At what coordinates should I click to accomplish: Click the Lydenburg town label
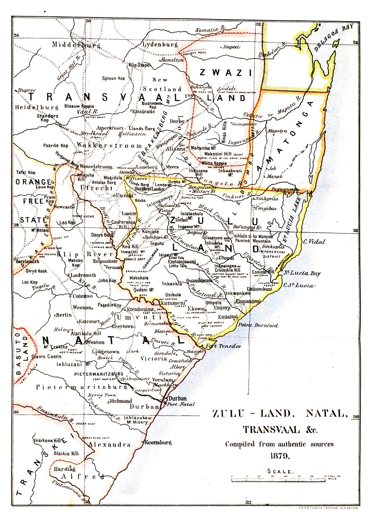point(160,45)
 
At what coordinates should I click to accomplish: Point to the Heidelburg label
point(36,107)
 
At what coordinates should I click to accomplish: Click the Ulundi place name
point(226,258)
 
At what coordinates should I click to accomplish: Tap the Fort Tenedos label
point(223,346)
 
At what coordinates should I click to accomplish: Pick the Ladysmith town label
point(83,275)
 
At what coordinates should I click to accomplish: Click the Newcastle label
point(64,207)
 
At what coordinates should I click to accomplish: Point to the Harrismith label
point(28,261)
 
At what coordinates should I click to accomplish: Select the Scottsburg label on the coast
point(158,443)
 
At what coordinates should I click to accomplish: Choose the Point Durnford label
point(258,325)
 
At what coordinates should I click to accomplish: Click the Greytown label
point(123,326)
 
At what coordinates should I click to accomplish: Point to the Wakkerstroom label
point(109,145)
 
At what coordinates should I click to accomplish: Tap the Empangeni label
point(248,301)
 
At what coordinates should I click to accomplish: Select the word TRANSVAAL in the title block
point(271,429)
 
